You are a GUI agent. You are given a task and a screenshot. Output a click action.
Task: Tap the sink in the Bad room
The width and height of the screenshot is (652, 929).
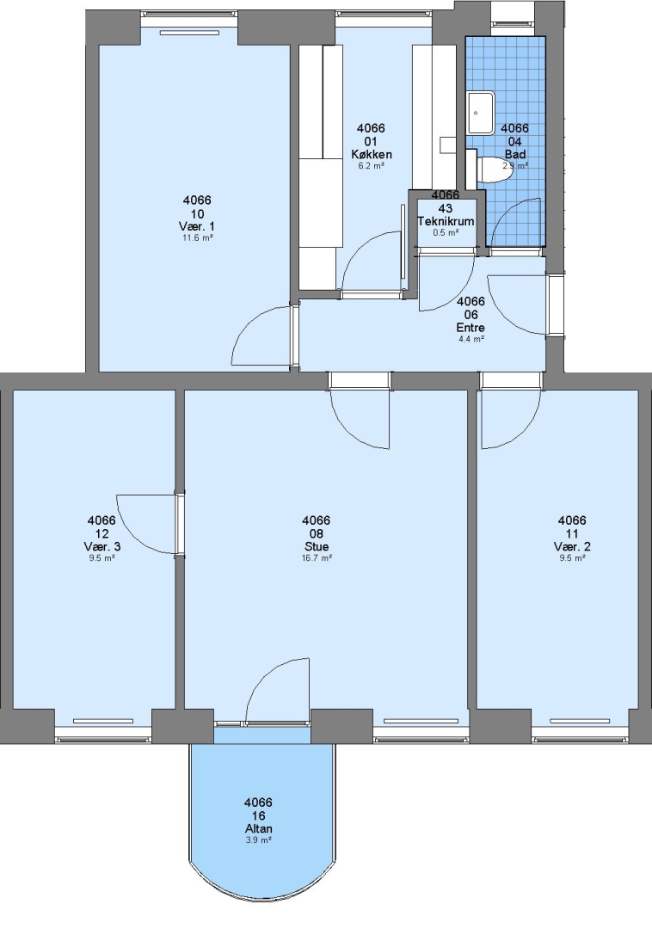click(x=481, y=113)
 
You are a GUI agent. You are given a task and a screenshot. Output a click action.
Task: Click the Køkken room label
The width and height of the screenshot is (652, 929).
click(x=372, y=155)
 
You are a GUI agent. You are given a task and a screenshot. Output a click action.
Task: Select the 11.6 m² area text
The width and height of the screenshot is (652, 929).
click(x=197, y=238)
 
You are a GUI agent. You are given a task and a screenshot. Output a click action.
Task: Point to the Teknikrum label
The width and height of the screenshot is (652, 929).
click(x=446, y=222)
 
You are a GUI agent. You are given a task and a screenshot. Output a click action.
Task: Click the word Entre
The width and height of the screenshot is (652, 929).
click(x=471, y=328)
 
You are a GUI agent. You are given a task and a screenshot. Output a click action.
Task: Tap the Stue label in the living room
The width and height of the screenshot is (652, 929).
click(x=317, y=547)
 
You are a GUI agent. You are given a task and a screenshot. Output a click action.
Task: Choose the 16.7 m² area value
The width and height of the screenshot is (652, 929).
click(x=317, y=558)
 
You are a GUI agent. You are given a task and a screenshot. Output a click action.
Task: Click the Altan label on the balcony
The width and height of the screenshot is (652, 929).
click(x=258, y=829)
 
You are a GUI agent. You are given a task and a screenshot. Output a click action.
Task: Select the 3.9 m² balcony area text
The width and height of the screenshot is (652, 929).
click(x=258, y=840)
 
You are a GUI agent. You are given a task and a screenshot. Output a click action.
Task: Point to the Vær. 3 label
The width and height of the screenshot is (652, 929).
click(x=101, y=547)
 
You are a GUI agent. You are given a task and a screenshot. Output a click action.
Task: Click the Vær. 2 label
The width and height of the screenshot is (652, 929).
click(x=572, y=547)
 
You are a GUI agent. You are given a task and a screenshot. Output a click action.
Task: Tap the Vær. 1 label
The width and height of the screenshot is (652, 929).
click(x=197, y=227)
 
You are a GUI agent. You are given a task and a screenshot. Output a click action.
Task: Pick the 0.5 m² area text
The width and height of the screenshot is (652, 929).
click(x=446, y=233)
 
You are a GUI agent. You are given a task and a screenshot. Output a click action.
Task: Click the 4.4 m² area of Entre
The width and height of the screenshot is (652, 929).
click(x=471, y=339)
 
